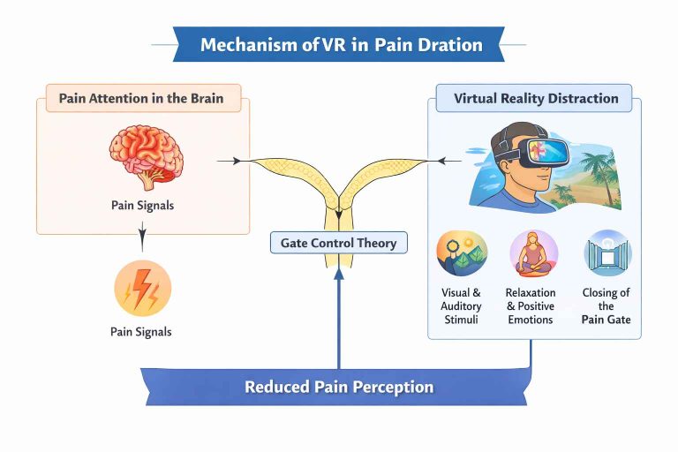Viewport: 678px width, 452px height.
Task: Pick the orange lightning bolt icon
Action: click(x=142, y=288)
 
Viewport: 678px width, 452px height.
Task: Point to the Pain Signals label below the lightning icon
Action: click(x=142, y=332)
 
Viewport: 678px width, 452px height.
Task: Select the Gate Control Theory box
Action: click(x=338, y=242)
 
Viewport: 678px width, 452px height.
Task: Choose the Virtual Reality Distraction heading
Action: click(x=536, y=98)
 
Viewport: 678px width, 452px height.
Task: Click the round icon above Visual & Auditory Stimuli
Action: click(x=462, y=253)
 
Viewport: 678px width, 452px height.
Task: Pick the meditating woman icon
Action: click(x=533, y=253)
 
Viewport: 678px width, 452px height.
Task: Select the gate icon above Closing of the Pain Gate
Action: click(x=606, y=253)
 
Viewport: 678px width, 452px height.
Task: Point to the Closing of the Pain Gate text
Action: click(x=606, y=305)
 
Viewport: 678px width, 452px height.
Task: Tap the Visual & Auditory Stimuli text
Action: click(x=461, y=305)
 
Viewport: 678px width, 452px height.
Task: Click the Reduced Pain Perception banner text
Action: click(x=339, y=387)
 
